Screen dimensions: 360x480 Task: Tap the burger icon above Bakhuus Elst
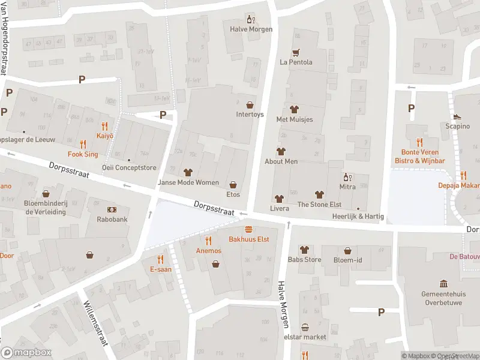[x=248, y=230]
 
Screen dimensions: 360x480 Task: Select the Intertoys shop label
[x=250, y=115]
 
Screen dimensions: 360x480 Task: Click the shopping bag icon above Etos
[x=233, y=185]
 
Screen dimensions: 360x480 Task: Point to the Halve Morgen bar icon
[x=251, y=19]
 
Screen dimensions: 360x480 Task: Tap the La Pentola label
[x=296, y=62]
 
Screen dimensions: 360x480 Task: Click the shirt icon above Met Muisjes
[x=294, y=109]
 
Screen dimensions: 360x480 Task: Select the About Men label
[x=281, y=161]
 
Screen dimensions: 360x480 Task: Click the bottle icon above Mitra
[x=346, y=177]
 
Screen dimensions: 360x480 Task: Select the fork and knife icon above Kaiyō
[x=105, y=126]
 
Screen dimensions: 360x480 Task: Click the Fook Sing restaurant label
[x=83, y=154]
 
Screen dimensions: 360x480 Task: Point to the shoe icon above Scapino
[x=457, y=116]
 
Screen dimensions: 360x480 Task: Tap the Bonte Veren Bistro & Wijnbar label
[x=419, y=157]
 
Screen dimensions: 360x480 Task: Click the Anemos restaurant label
[x=209, y=250]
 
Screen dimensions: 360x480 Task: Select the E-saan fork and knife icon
[x=160, y=259]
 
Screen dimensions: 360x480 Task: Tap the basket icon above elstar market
[x=305, y=328]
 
